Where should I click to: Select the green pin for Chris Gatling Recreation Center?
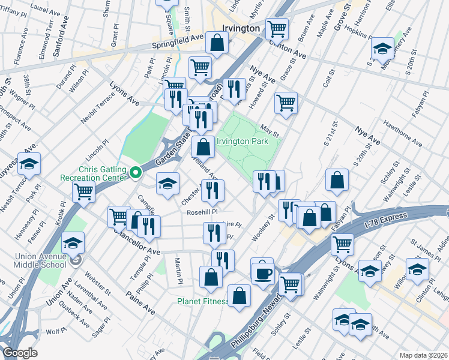point(136,173)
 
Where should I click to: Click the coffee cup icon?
point(262,274)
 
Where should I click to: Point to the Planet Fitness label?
point(202,301)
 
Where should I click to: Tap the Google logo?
point(20,353)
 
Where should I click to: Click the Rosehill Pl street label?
point(201,212)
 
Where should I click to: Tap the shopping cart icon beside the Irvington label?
point(277,28)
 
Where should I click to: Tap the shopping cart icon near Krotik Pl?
point(83,192)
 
